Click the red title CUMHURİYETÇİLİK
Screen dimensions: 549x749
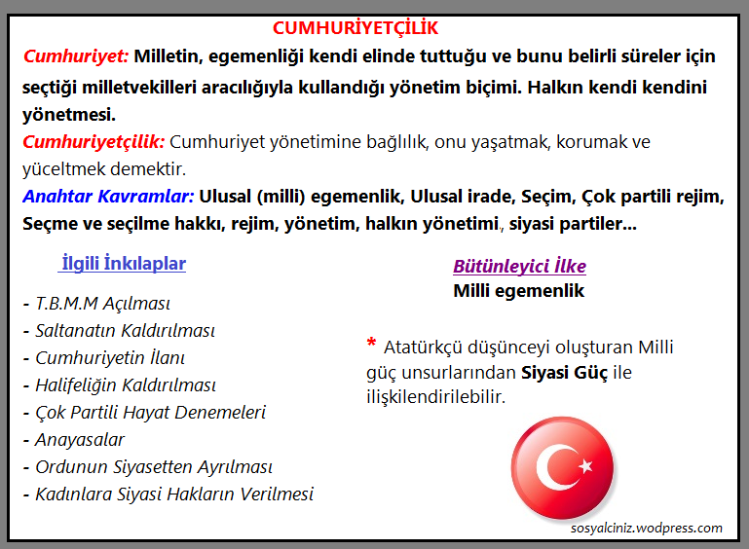pos(355,28)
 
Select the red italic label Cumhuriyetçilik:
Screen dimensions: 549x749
pos(94,142)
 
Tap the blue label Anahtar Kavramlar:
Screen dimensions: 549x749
pos(108,197)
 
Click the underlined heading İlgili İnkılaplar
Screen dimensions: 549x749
pos(123,264)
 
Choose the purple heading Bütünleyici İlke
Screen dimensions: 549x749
pos(519,267)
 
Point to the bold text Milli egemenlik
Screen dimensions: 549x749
pos(518,291)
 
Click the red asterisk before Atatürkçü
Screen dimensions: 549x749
pos(371,344)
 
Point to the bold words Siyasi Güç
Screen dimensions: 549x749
pos(564,373)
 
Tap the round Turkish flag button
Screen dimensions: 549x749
pos(562,470)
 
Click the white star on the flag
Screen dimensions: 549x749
pos(584,466)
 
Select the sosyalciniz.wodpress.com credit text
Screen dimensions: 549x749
pos(647,529)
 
